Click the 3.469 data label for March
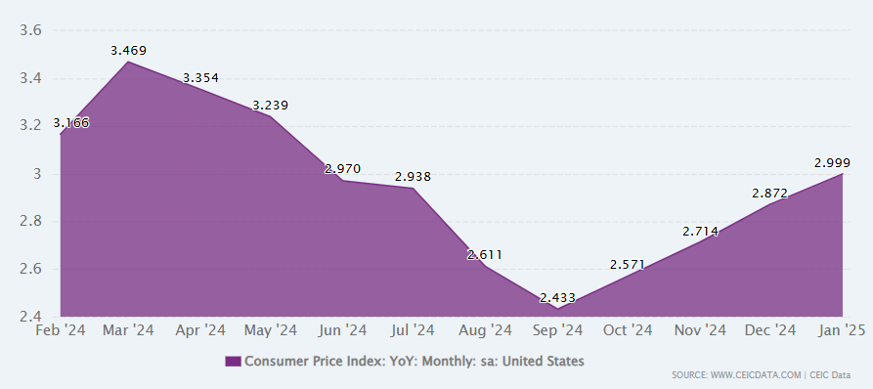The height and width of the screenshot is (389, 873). click(129, 51)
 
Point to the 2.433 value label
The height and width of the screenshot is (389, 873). click(557, 298)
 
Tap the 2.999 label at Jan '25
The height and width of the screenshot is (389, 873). click(832, 163)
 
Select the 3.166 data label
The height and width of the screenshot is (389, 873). click(71, 123)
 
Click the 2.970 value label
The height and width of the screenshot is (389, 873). click(343, 169)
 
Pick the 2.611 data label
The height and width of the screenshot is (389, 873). click(484, 255)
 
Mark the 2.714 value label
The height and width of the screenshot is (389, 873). click(700, 231)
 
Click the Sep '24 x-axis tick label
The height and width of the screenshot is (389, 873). click(557, 330)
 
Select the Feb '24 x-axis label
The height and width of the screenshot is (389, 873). click(61, 330)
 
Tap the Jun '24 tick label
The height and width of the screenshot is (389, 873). click(343, 330)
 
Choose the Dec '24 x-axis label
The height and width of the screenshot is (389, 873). click(771, 330)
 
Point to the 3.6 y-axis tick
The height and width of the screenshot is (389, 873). click(30, 30)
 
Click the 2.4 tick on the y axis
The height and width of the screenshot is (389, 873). click(30, 317)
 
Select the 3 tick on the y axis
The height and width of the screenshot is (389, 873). click(38, 174)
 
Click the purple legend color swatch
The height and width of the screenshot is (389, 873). click(234, 362)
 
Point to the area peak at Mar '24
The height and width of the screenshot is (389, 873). click(129, 62)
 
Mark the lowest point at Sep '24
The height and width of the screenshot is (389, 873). click(557, 308)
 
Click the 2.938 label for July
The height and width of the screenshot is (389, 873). click(414, 177)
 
